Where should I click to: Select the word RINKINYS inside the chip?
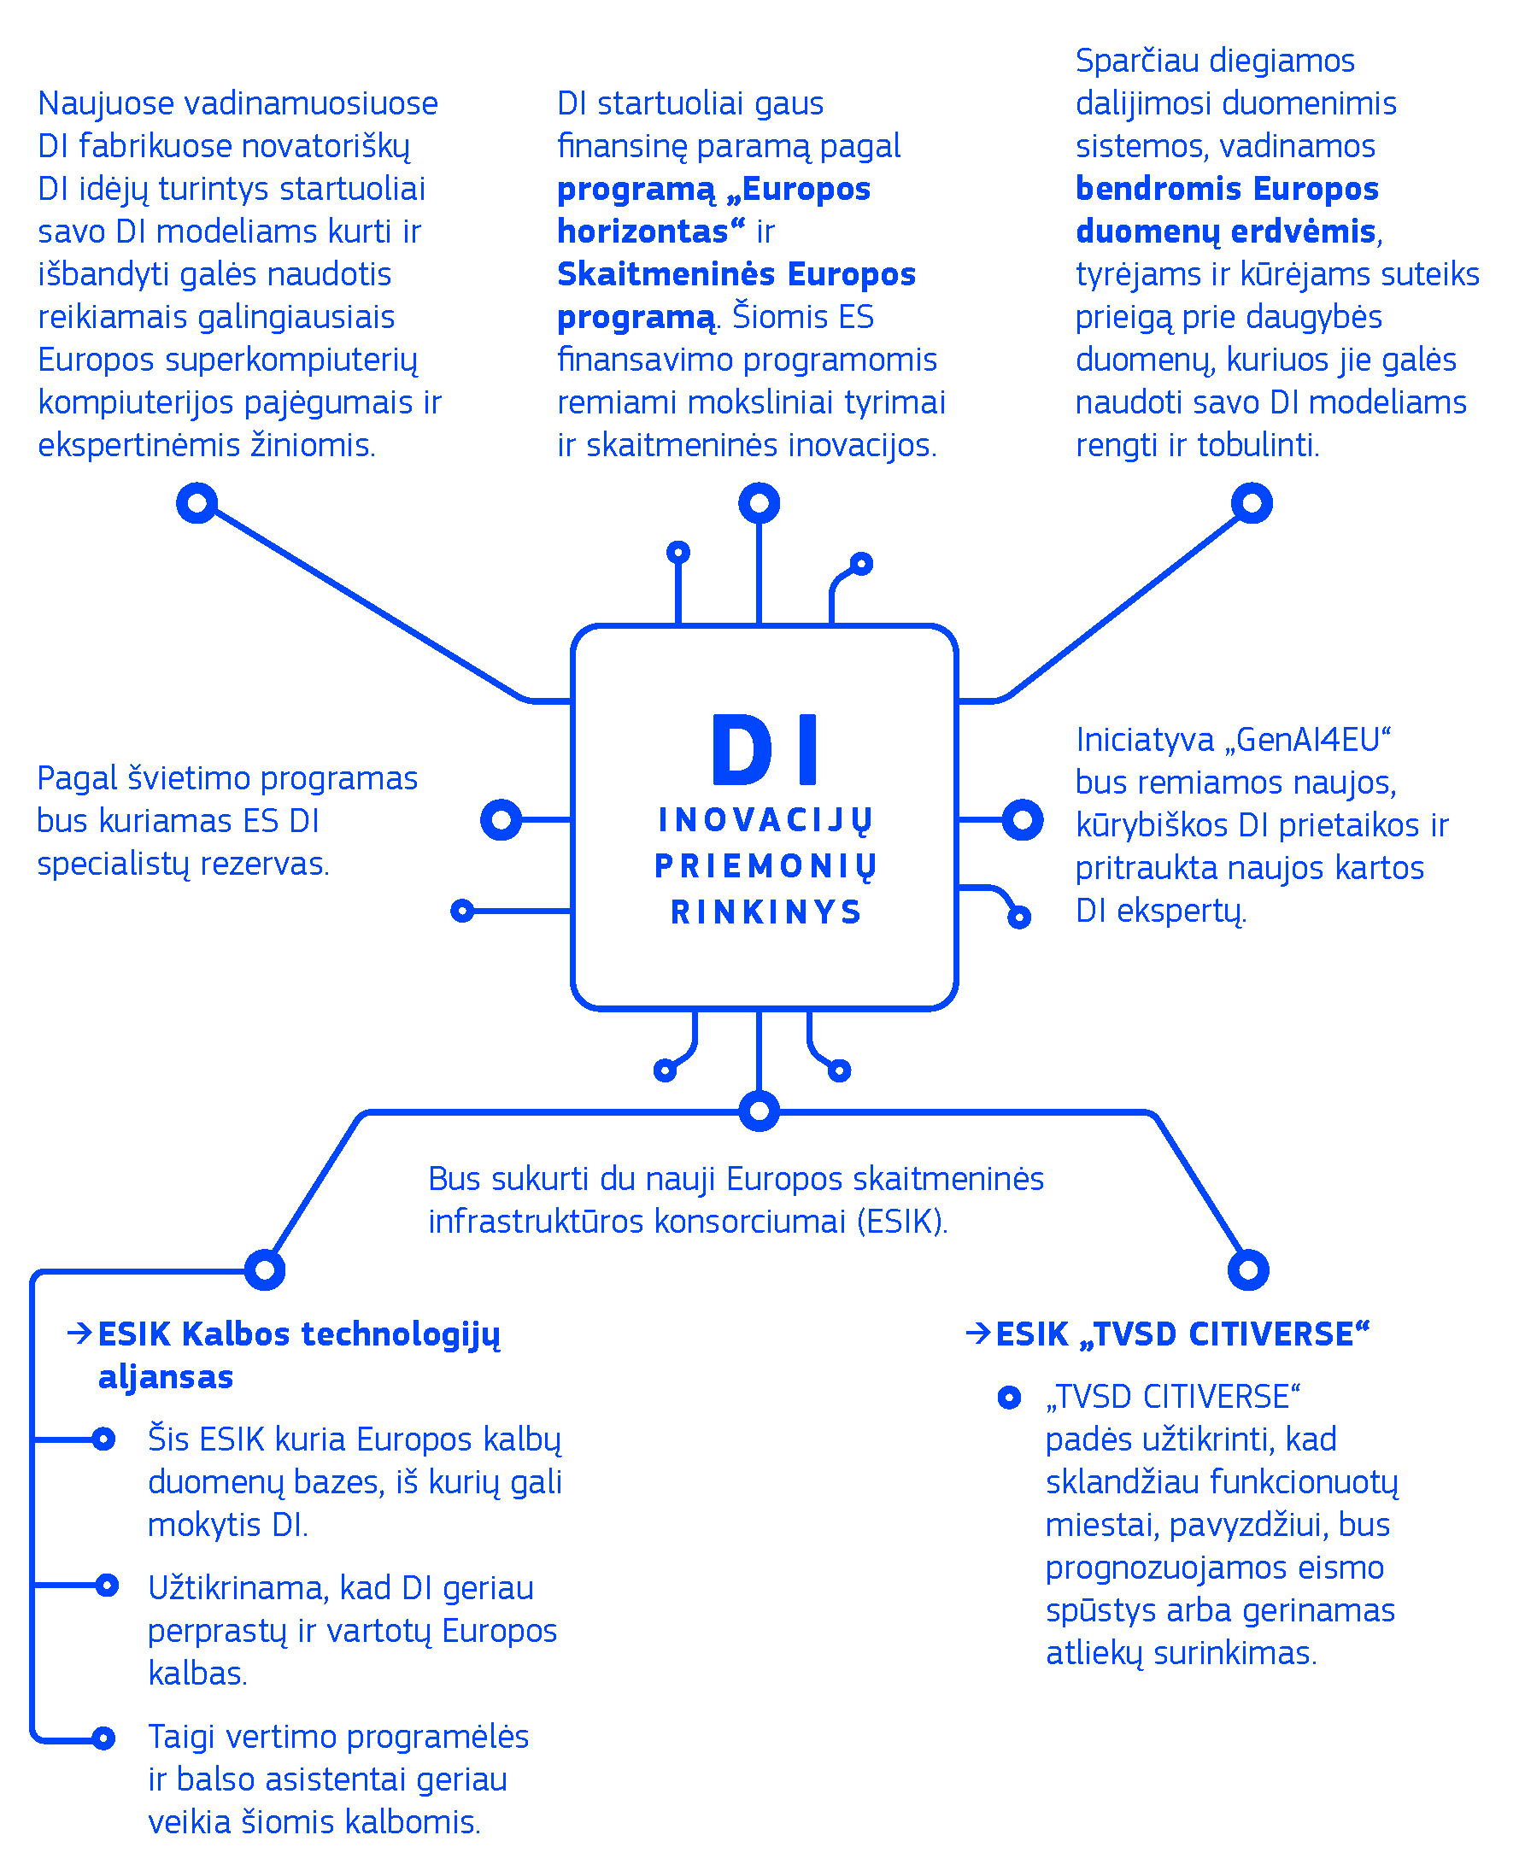(x=766, y=912)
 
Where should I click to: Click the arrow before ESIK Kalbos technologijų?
(x=79, y=1334)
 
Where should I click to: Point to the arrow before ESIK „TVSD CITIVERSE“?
(x=977, y=1334)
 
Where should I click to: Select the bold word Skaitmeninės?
(x=666, y=274)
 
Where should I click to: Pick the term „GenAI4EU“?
(x=1312, y=740)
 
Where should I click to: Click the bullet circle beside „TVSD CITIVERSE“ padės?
(x=1008, y=1398)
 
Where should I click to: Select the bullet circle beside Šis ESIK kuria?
(x=103, y=1439)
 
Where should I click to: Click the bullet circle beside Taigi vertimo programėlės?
(x=103, y=1738)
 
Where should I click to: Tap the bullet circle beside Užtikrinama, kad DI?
(x=107, y=1586)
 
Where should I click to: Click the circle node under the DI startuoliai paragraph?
(x=759, y=503)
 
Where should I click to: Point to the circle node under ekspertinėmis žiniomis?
(x=196, y=503)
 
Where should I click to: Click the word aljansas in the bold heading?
(x=165, y=1377)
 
